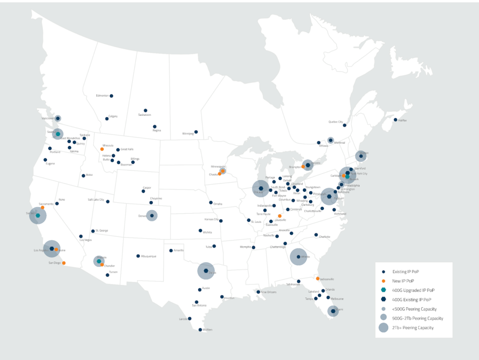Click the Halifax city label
click(402, 120)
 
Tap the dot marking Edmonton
click(111, 96)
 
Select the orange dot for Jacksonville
click(318, 279)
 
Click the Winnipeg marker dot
click(196, 132)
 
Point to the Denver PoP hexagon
click(152, 216)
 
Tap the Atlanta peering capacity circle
click(298, 257)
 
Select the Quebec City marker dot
click(344, 125)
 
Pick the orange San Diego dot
click(64, 263)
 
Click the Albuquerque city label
click(149, 256)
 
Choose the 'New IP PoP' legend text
click(403, 281)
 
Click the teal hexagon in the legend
click(383, 290)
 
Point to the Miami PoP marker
click(333, 311)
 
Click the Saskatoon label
click(145, 115)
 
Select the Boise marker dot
click(83, 175)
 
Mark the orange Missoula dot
click(102, 149)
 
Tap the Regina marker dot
click(155, 127)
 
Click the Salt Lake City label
click(96, 200)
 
